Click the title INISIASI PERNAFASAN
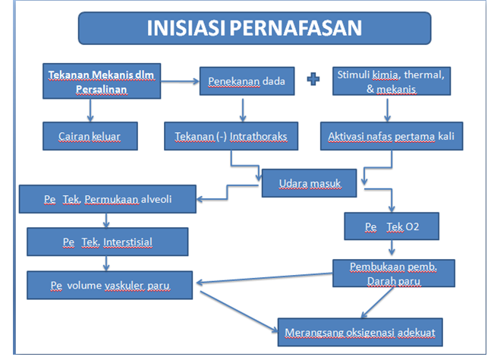[253, 29]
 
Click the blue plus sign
[311, 80]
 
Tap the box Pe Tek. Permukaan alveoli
[108, 201]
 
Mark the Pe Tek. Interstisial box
[107, 242]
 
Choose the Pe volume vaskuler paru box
[110, 285]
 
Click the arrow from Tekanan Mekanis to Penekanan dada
[181, 80]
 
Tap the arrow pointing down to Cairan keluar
[90, 111]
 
